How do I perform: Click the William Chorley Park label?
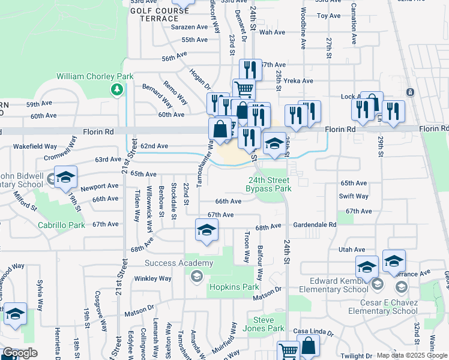(95, 76)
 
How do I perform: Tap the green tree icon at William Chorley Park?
(117, 90)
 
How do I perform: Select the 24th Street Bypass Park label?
(268, 184)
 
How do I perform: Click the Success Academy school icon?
(196, 276)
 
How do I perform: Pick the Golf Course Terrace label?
(155, 14)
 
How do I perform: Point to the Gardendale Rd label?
(315, 224)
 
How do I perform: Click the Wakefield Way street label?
(35, 146)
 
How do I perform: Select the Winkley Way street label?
(153, 278)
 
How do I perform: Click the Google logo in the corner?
(20, 353)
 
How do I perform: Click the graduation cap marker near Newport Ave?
(66, 176)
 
